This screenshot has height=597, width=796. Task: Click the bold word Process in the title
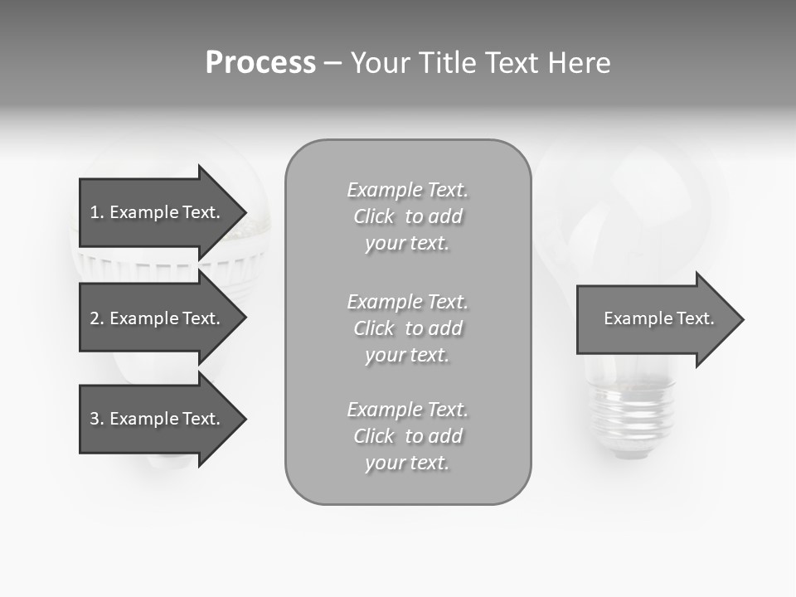coord(260,63)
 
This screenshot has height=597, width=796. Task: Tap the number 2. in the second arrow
coord(96,318)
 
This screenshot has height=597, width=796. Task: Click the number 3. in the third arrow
coord(96,419)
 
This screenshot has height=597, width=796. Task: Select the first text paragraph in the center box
coord(407,216)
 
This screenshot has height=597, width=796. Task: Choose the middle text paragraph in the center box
coord(407,328)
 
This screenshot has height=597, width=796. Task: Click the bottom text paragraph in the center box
coord(407,436)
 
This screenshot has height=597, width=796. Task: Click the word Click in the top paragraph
coord(374,216)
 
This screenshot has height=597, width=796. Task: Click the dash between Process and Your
coord(332,63)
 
